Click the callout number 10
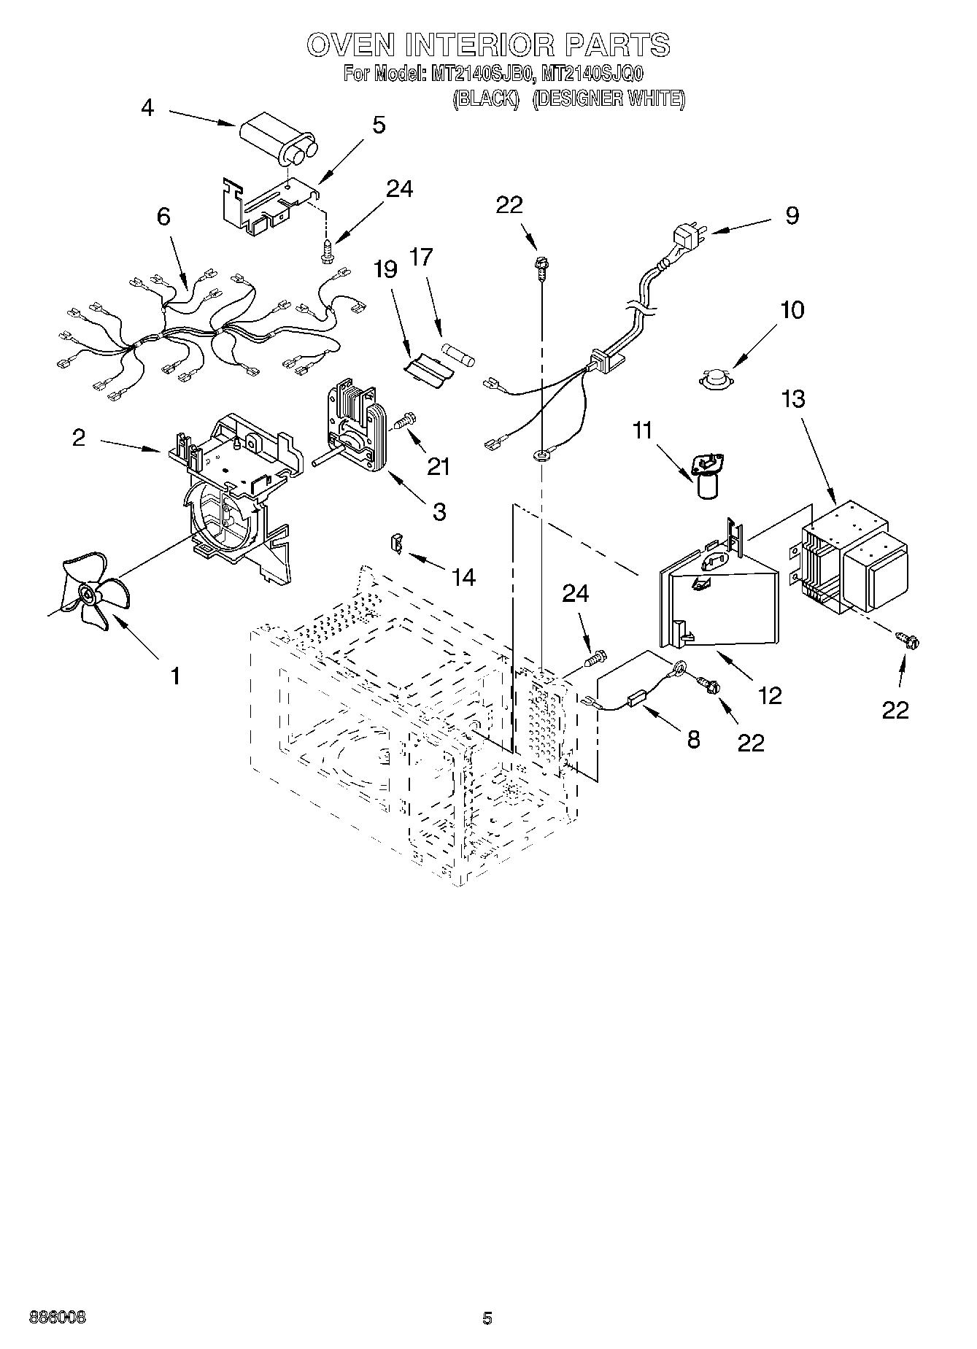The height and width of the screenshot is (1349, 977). click(x=792, y=310)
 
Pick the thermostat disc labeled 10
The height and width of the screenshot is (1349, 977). click(x=717, y=379)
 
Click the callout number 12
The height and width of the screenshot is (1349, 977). click(x=770, y=695)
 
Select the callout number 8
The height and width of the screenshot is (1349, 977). click(x=693, y=739)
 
